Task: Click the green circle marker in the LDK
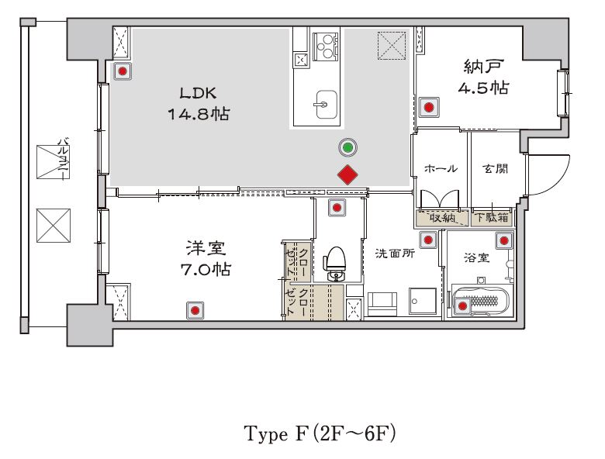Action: click(x=347, y=147)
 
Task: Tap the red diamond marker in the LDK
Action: click(x=347, y=174)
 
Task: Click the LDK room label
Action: click(x=198, y=93)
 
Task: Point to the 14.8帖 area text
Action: click(x=199, y=114)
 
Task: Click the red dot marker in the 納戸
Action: click(x=429, y=107)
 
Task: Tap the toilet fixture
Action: click(x=336, y=263)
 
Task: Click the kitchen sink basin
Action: click(x=326, y=105)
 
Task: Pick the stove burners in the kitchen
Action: click(x=325, y=47)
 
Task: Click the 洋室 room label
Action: click(x=206, y=248)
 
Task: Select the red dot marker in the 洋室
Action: click(x=195, y=310)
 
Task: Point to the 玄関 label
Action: click(x=495, y=168)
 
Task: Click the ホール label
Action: click(x=441, y=168)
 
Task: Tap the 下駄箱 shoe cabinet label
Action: click(x=492, y=218)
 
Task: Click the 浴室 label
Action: click(x=477, y=257)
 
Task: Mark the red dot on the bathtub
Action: click(x=462, y=306)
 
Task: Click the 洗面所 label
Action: click(x=395, y=254)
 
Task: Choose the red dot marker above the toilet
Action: click(x=337, y=209)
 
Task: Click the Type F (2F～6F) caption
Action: click(x=320, y=433)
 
